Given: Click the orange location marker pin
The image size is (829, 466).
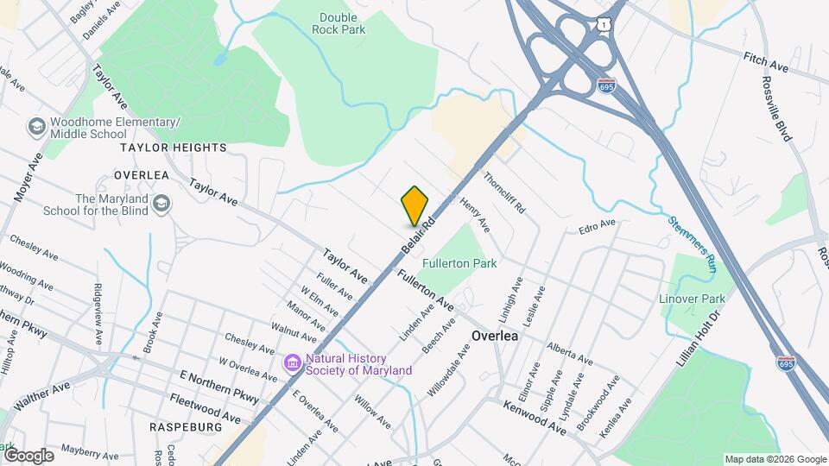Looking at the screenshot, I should click(x=415, y=205).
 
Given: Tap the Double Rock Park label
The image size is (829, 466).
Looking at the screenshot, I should click(x=343, y=23).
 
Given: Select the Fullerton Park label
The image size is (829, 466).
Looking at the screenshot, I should click(x=459, y=262).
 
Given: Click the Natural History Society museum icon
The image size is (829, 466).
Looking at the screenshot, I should click(x=292, y=364).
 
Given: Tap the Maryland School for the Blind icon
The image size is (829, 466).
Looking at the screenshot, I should click(x=161, y=204).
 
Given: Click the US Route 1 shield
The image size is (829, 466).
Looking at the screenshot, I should click(x=603, y=27).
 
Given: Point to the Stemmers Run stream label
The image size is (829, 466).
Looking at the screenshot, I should click(x=692, y=244).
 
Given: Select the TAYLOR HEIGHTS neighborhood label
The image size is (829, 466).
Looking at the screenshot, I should click(x=174, y=148).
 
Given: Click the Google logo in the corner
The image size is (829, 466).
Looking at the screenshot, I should click(x=28, y=455).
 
